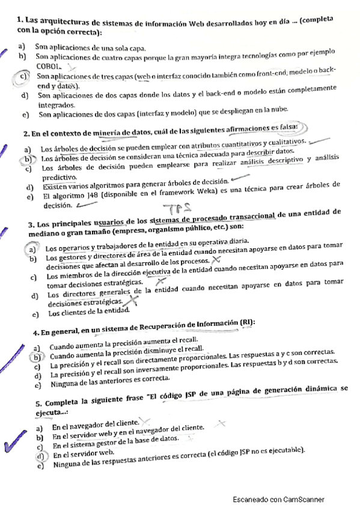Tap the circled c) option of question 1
[x=23, y=76]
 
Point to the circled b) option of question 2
[x=27, y=158]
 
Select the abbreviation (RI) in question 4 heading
[x=245, y=323]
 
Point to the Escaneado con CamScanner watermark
[x=279, y=499]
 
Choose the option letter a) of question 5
[x=39, y=428]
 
